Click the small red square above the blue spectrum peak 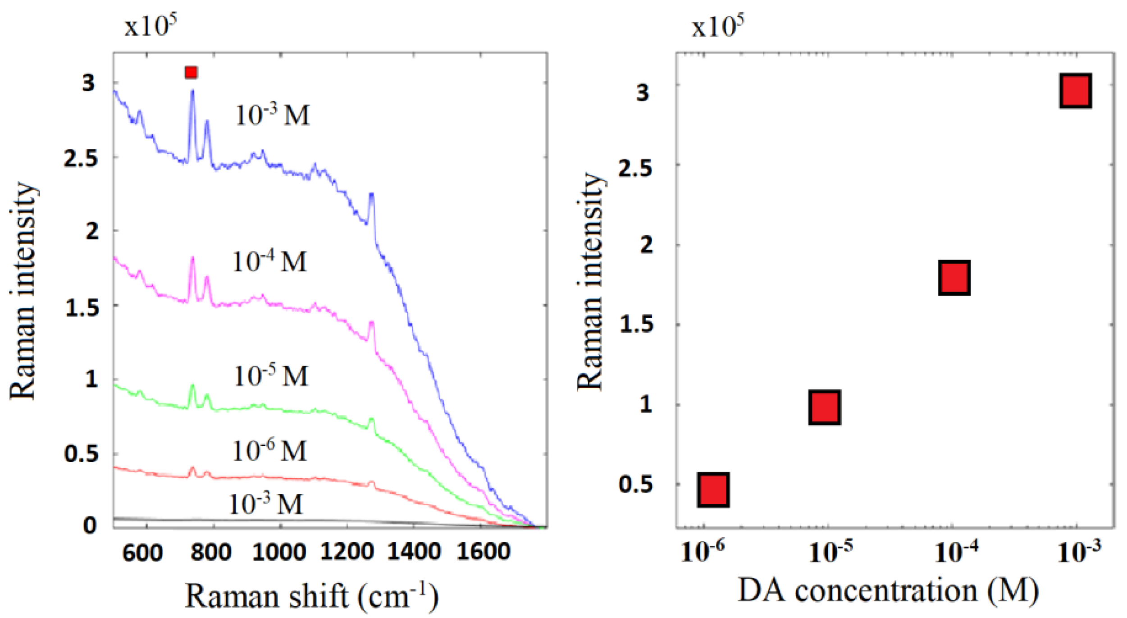tap(191, 72)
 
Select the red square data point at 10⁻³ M tap(1075, 90)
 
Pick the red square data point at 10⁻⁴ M tap(954, 277)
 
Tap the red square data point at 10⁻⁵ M tap(824, 407)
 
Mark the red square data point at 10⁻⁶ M tap(713, 490)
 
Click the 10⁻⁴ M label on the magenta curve tap(269, 261)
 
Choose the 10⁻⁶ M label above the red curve tap(269, 450)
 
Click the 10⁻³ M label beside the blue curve tap(273, 114)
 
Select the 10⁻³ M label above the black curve tap(266, 504)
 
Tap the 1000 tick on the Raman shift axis tap(279, 553)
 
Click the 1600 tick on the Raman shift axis tap(483, 553)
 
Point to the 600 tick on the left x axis tap(142, 553)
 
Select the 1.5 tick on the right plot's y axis tap(636, 324)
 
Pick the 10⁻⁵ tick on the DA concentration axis tap(830, 553)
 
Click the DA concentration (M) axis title tap(888, 591)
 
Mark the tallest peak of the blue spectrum tap(192, 92)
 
